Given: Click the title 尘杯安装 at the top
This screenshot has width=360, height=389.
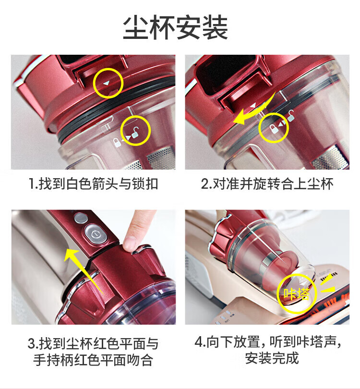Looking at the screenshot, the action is (176, 27).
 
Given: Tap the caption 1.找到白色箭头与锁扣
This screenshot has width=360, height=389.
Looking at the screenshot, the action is (94, 184).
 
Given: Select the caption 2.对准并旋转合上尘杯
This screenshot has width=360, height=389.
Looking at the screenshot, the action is (267, 184).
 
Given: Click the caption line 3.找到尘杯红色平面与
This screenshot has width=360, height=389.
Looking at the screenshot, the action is (93, 344).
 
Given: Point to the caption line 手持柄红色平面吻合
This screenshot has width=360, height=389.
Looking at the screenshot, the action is (93, 360).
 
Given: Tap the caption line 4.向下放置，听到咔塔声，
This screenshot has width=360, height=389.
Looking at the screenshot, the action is (268, 342).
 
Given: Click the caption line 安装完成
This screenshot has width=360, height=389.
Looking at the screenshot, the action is (272, 358).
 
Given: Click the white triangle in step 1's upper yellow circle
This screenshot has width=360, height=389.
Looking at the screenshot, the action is (106, 83).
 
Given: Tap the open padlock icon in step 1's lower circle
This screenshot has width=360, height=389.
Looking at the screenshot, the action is (135, 133).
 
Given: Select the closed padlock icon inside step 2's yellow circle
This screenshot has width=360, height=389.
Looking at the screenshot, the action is (273, 129).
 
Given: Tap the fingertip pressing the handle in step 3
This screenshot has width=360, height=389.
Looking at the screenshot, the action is (130, 243).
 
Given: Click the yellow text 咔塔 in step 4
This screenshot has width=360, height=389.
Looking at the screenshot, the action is (297, 294).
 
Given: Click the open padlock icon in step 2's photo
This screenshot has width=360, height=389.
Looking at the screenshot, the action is (291, 116).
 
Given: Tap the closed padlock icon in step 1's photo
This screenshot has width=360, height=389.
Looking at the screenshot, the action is (116, 143).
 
